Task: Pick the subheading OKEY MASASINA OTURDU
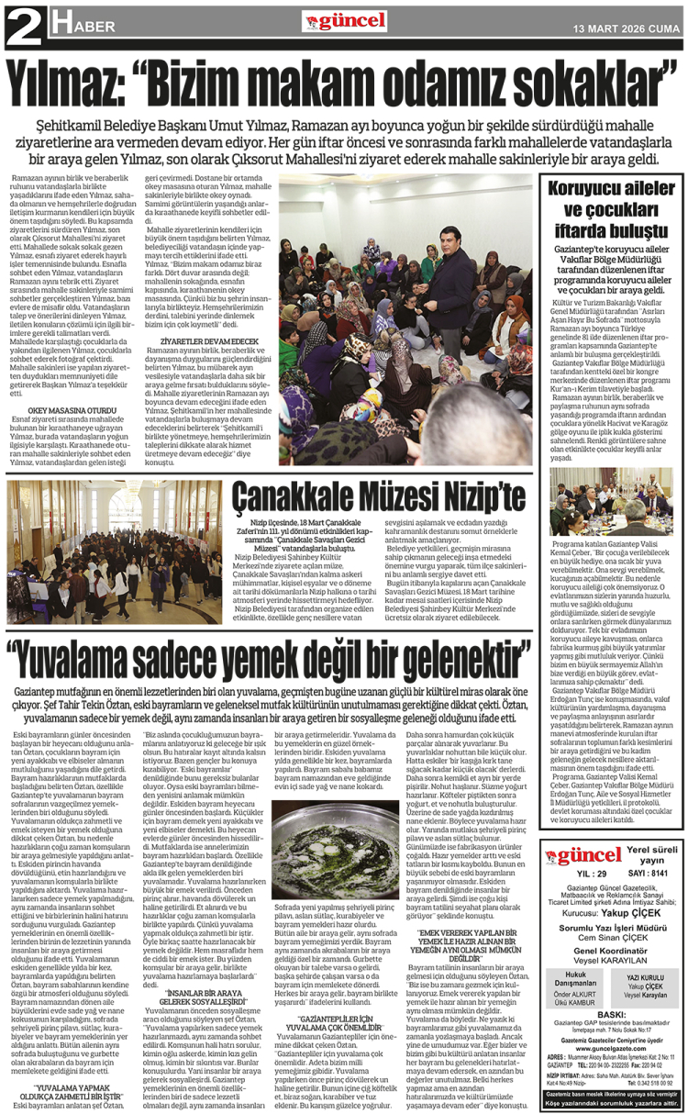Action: point(65,411)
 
